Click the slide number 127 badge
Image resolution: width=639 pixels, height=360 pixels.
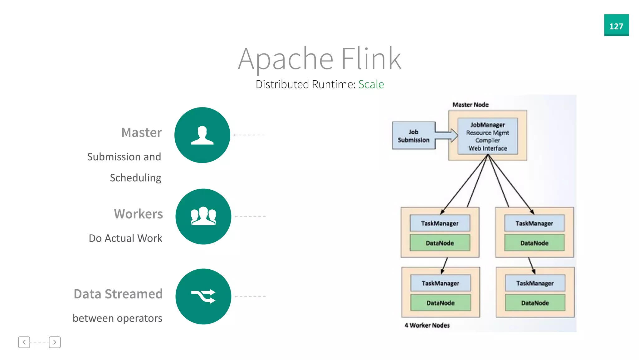(616, 25)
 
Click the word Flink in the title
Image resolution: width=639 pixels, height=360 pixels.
(371, 58)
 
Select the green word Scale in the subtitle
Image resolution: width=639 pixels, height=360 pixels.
(371, 84)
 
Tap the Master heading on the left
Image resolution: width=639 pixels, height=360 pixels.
(142, 132)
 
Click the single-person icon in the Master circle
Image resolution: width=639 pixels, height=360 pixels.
(202, 135)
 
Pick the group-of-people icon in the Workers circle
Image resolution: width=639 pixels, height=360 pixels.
(203, 216)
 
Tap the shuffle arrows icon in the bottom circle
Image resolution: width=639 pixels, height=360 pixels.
(203, 296)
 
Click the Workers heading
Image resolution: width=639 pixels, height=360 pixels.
(139, 214)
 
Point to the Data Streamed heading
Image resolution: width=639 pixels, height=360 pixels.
(118, 294)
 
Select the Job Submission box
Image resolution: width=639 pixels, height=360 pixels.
(413, 136)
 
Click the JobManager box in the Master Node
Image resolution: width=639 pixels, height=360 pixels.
(487, 136)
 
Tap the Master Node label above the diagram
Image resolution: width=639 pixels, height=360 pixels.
(470, 105)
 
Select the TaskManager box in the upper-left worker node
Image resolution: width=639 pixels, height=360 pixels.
(440, 223)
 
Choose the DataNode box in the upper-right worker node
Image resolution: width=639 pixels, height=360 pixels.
(534, 243)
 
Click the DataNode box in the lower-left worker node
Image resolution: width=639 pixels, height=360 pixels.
(440, 303)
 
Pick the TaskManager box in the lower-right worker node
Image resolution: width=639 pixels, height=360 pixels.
(535, 283)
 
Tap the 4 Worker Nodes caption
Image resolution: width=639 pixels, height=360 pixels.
(427, 325)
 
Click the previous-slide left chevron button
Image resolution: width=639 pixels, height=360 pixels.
(24, 342)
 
